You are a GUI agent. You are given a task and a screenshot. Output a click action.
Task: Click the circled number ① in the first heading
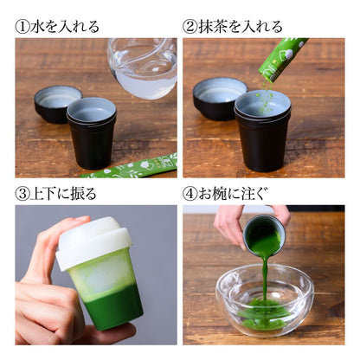(x=23, y=25)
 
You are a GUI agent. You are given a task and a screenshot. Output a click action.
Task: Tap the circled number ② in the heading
(x=191, y=25)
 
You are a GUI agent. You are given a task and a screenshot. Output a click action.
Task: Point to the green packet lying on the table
(x=130, y=167)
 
